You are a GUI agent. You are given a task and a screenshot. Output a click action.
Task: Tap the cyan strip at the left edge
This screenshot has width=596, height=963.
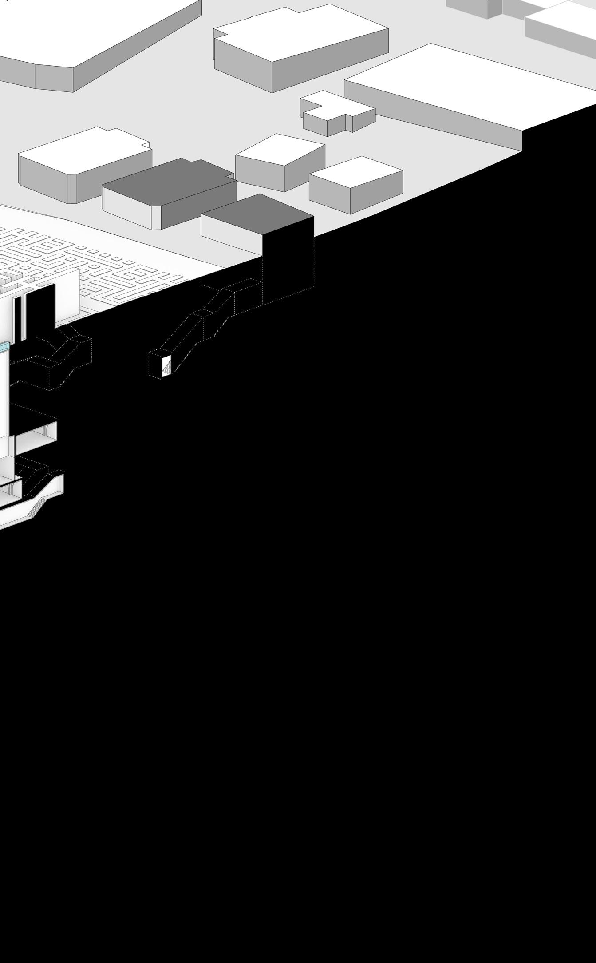click(4, 347)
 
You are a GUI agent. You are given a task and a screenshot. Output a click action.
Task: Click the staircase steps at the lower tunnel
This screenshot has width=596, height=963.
click(37, 506)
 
